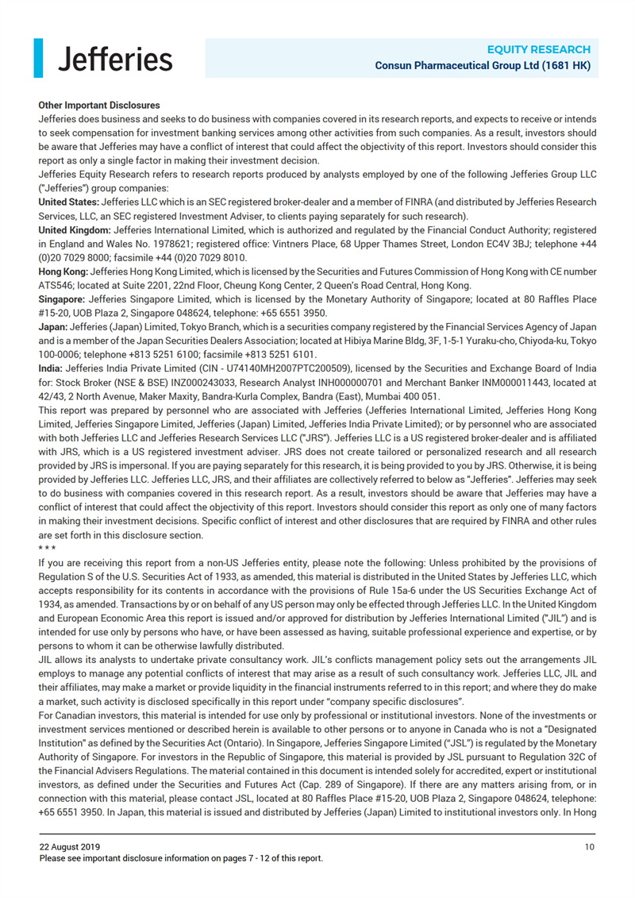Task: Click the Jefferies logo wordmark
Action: click(x=115, y=58)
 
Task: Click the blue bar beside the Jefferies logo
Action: click(x=38, y=58)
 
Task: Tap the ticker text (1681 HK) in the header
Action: click(x=566, y=66)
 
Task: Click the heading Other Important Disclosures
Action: click(x=99, y=105)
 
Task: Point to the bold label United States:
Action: click(x=69, y=203)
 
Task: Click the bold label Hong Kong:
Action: click(x=63, y=272)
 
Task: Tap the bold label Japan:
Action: click(x=52, y=326)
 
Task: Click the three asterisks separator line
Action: click(x=47, y=549)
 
